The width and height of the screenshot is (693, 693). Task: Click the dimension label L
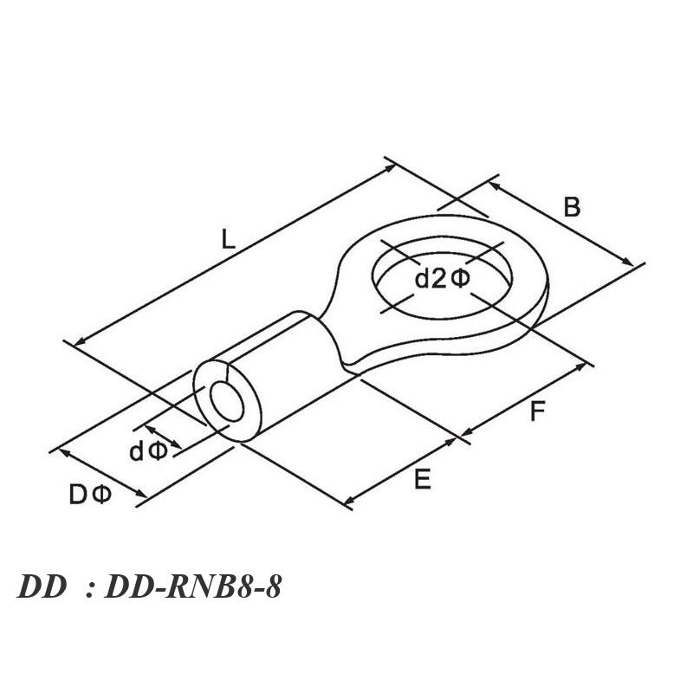(x=228, y=239)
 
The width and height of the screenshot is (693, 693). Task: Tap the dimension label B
(x=572, y=207)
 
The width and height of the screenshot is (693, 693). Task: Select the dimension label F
(x=537, y=411)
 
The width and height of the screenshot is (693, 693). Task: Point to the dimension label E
(x=423, y=479)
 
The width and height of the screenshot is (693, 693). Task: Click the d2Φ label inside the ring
(x=443, y=279)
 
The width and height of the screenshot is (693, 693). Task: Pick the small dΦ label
(x=148, y=451)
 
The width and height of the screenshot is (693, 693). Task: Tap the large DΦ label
(x=90, y=495)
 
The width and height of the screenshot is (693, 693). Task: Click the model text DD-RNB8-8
(x=193, y=587)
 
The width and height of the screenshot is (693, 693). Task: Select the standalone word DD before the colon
(x=42, y=587)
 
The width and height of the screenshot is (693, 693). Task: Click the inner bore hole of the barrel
(x=227, y=402)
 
